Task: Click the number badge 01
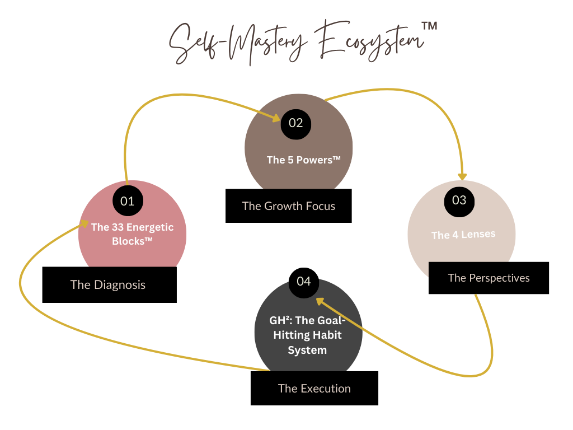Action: point(128,200)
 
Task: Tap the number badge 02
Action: point(295,123)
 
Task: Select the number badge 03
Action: point(459,200)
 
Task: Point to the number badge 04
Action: point(303,281)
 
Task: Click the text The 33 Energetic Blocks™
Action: point(132,234)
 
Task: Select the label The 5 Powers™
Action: point(303,160)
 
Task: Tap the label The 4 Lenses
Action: point(463,235)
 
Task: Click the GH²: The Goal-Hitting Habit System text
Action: point(307,335)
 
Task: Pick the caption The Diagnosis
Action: point(108,284)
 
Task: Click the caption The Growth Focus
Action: point(289,206)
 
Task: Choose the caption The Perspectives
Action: point(489,278)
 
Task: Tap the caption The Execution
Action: point(314,389)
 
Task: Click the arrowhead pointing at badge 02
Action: point(275,118)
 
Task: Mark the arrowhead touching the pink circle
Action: point(83,224)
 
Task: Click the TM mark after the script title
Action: point(429,26)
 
